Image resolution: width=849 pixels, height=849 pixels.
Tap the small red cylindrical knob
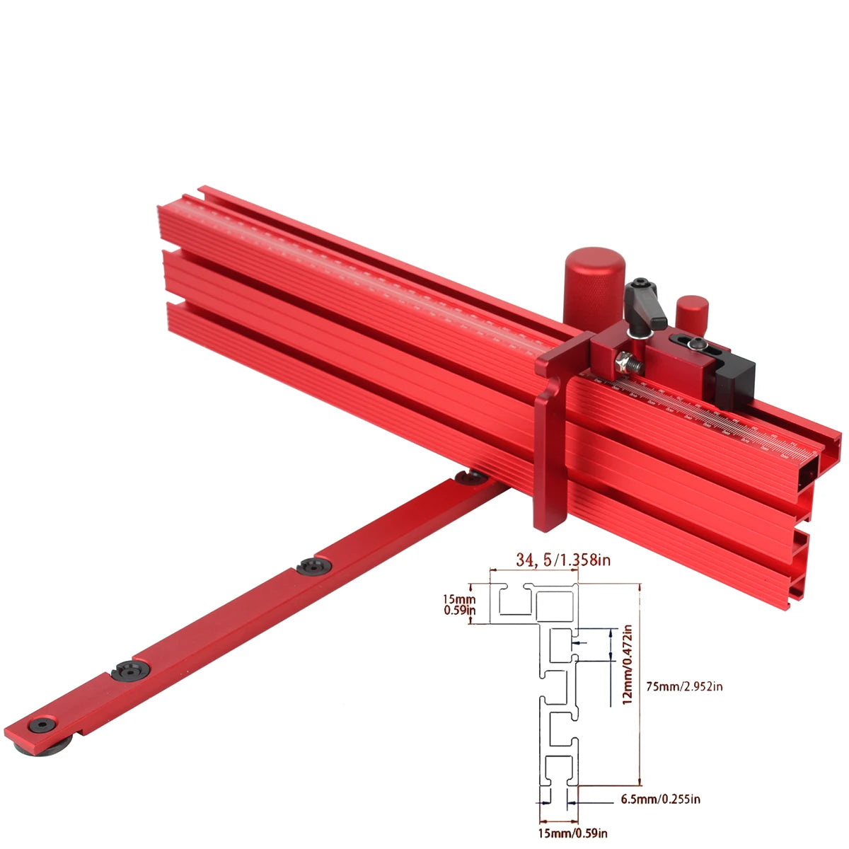(692, 312)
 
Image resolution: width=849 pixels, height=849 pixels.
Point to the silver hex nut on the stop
(622, 362)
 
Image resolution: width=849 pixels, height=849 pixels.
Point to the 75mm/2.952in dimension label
(685, 686)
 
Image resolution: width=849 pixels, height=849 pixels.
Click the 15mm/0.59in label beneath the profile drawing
(572, 833)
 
